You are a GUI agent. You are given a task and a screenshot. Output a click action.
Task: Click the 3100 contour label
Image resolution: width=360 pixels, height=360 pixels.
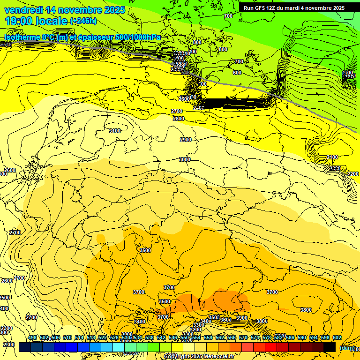(x=115, y=131)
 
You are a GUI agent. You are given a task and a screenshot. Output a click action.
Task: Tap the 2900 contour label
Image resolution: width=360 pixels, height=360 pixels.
(x=186, y=140)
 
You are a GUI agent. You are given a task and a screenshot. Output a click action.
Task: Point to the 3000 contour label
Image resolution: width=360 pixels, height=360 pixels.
(x=185, y=159)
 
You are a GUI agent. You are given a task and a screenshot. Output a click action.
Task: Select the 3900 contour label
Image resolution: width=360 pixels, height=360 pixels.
(x=242, y=318)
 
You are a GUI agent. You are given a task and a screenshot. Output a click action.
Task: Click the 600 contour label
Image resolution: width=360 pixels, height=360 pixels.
(x=237, y=73)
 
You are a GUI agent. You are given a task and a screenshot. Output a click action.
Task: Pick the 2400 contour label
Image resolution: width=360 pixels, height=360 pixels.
(x=332, y=157)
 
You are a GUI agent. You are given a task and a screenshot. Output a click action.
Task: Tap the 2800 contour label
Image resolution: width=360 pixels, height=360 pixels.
(x=179, y=119)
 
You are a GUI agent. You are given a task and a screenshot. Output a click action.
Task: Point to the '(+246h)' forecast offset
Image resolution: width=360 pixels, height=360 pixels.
(x=83, y=21)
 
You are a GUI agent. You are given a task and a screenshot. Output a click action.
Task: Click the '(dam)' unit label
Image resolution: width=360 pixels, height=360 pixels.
(x=346, y=347)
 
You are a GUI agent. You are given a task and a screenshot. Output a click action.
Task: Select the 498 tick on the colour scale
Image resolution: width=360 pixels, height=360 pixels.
(x=32, y=338)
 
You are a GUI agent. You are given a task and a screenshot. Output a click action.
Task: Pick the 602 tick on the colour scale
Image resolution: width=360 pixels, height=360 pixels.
(x=337, y=338)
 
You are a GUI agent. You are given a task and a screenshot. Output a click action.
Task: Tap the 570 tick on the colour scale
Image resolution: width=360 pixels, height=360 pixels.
(x=243, y=338)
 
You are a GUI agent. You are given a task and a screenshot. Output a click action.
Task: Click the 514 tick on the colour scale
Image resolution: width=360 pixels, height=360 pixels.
(x=79, y=338)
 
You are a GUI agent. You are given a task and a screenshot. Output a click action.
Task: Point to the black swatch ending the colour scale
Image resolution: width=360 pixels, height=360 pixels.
(x=330, y=347)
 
